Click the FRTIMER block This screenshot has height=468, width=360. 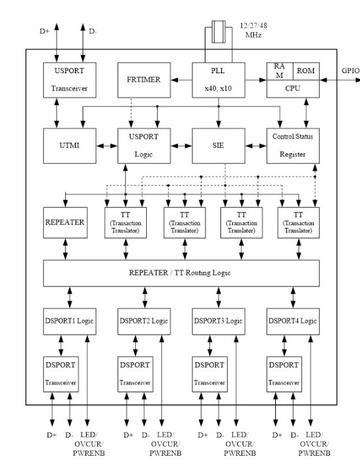click(144, 80)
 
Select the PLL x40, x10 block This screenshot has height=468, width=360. click(218, 80)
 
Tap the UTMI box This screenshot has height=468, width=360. click(70, 146)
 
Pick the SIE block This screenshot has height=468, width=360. click(218, 146)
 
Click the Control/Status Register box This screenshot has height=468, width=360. click(293, 146)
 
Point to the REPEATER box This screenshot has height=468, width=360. click(65, 223)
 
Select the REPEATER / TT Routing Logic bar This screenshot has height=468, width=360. click(181, 273)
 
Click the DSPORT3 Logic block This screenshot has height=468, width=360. click(218, 321)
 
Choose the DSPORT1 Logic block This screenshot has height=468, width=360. click(70, 321)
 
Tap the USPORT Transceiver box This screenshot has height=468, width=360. click(70, 80)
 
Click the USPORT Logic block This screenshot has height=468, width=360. click(144, 146)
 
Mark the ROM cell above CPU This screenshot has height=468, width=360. click(306, 71)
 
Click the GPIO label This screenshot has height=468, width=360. click(350, 71)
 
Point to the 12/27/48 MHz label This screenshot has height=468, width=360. click(254, 30)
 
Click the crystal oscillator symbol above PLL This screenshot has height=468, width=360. click(218, 31)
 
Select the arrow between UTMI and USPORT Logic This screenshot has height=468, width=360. click(107, 146)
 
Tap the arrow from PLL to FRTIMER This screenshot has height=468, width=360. click(182, 80)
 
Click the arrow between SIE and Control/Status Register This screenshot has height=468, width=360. click(256, 146)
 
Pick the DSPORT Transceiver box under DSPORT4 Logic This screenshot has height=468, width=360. click(284, 374)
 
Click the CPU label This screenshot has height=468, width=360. click(293, 88)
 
